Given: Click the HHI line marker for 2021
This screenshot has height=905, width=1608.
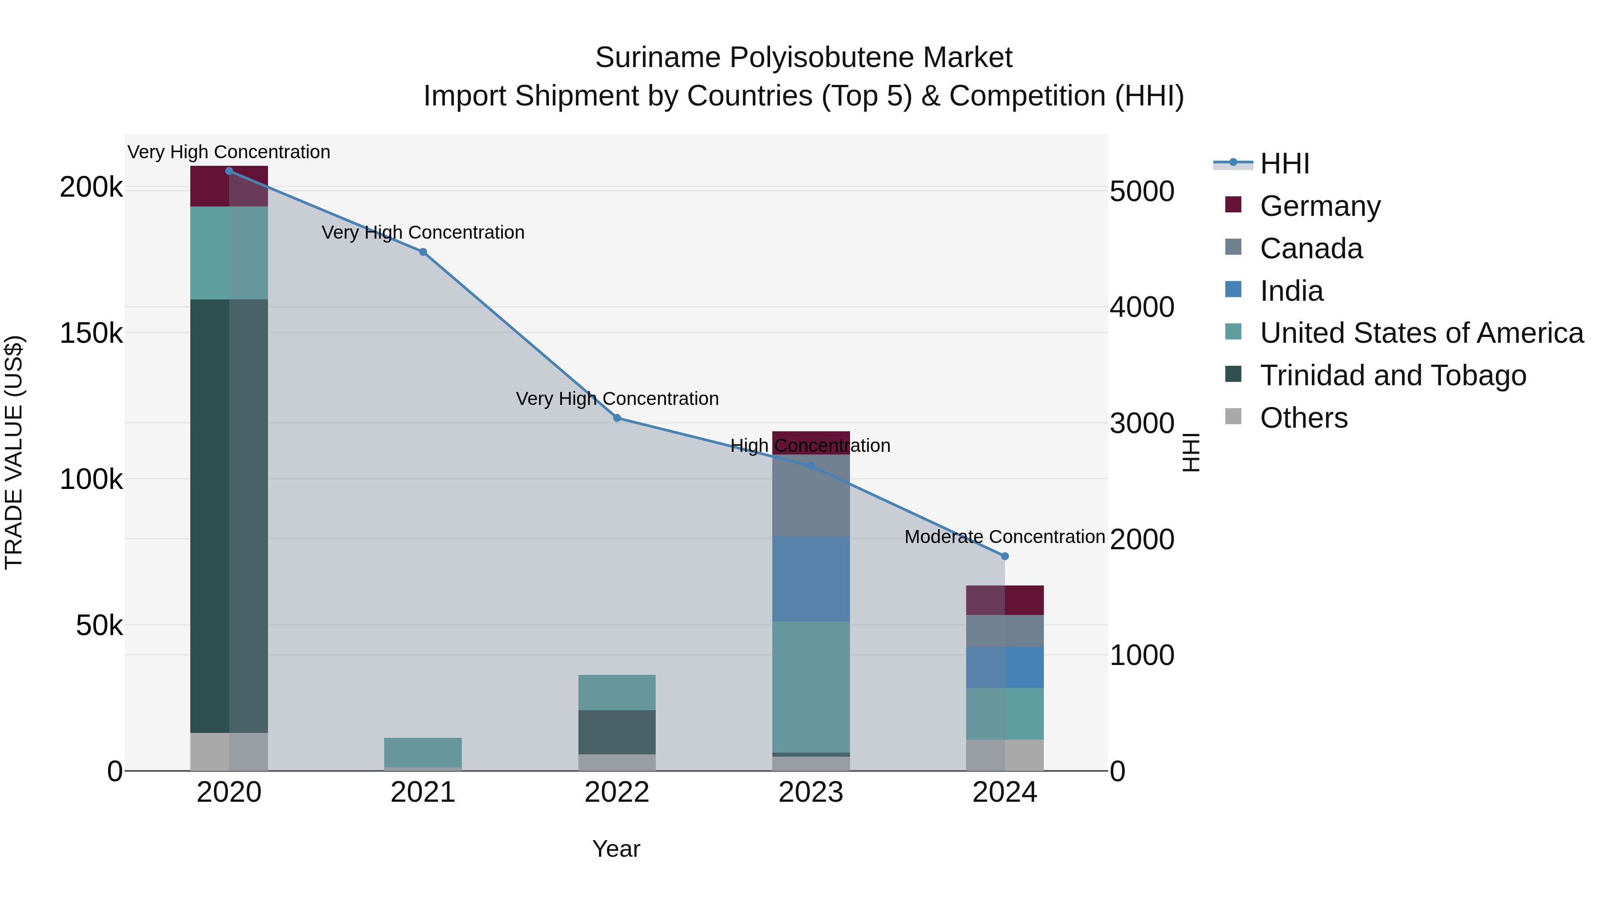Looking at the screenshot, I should pos(423,252).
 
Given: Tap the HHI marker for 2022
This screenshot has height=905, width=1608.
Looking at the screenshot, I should pos(617,418).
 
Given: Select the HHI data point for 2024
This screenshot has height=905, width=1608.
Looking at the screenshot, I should pos(1005,556).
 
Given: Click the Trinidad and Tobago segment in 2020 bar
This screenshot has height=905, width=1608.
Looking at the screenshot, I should pos(228,515).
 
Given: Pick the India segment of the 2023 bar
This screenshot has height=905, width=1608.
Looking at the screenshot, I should pos(811,578).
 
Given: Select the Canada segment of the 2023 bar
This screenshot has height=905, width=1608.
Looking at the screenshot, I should pos(811,495).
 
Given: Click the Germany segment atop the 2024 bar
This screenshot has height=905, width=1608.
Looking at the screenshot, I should pos(1005,600).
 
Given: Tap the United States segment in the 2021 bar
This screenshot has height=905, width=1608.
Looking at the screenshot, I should pos(423,752).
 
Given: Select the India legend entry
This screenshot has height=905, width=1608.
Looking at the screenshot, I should pos(1291,291).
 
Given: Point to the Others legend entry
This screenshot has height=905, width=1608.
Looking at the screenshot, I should pos(1303,418).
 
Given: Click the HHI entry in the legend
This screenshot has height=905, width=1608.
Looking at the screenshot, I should pos(1284,164).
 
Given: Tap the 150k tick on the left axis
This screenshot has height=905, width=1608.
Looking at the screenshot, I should pos(91,333).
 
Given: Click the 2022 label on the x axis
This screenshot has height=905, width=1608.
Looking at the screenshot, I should pos(617,792).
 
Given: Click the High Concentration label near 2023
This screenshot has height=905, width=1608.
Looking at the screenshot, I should pos(810,445).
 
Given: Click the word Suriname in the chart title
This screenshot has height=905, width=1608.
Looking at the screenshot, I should pos(657,58).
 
